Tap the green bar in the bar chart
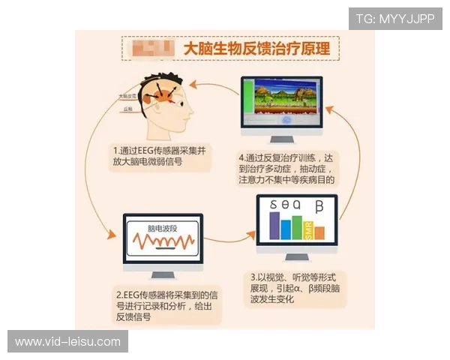point(297,231)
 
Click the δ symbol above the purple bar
point(274,205)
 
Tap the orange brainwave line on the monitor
point(162,241)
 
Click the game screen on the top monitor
point(289,102)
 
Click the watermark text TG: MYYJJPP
point(394,18)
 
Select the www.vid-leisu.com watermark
point(67,342)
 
